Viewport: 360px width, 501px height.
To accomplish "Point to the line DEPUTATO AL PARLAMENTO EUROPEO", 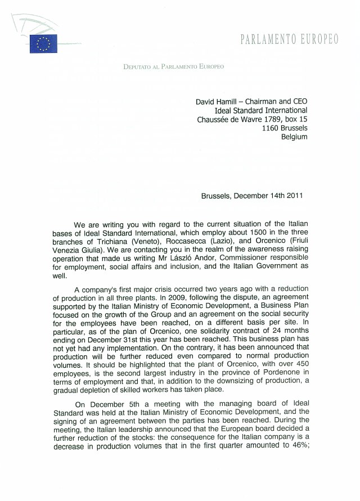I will pos(173,67).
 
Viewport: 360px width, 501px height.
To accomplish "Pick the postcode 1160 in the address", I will pos(271,128).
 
